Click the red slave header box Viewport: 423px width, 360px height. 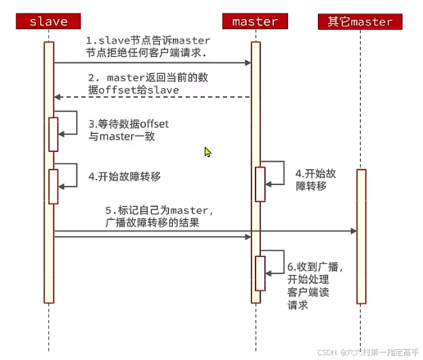48,21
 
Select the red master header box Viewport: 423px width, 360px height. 255,21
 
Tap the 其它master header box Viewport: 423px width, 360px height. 360,21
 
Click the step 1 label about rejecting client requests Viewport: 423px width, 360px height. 148,47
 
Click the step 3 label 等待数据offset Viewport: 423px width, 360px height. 128,130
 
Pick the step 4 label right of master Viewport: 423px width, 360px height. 315,179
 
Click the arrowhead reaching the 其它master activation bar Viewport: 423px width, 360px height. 353,231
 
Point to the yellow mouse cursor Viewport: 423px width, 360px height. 208,152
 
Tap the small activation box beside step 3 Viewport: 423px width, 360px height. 53,134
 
